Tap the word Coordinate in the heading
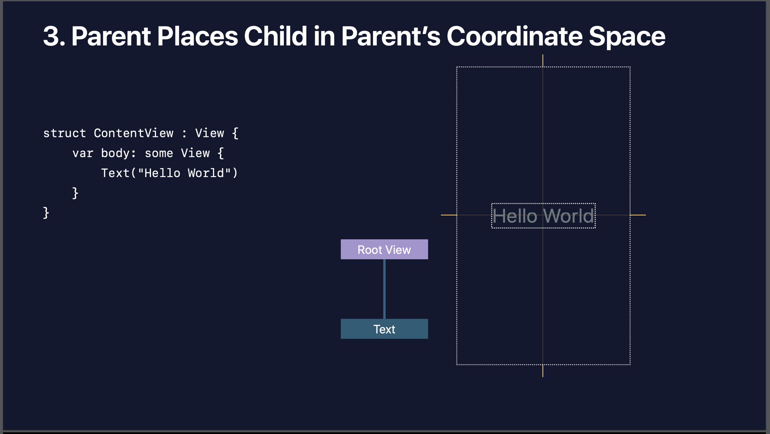[514, 37]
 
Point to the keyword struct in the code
[64, 133]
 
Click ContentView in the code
[134, 133]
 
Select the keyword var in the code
[83, 153]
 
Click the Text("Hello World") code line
[169, 173]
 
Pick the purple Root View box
[384, 249]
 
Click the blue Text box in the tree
[384, 329]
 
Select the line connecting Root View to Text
[384, 289]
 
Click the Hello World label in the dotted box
[543, 216]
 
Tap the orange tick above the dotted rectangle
[543, 61]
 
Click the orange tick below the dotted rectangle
[543, 371]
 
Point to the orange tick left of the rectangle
[449, 215]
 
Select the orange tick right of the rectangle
[638, 215]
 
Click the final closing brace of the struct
[46, 213]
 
